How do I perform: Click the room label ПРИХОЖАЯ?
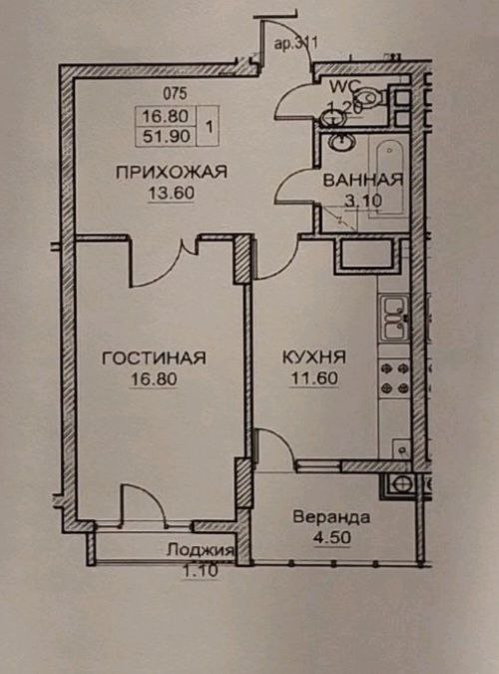point(171,172)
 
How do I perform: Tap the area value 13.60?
point(171,193)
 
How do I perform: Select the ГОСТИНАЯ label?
point(154,358)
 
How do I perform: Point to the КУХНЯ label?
point(314,357)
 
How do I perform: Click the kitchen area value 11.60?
point(314,378)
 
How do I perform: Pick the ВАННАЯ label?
point(362,180)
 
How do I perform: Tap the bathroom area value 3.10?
point(363,201)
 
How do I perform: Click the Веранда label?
point(331,516)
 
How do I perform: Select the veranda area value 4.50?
point(332,538)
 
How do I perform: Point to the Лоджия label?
point(201,550)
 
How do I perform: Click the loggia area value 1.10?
point(201,571)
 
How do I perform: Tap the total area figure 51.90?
point(166,136)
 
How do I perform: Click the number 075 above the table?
point(175,93)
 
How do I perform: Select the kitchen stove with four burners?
point(395,378)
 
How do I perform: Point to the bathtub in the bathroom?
point(390,179)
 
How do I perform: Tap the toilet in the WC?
point(370,97)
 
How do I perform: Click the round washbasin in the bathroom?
point(341,143)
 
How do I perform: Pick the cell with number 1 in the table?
point(210,127)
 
